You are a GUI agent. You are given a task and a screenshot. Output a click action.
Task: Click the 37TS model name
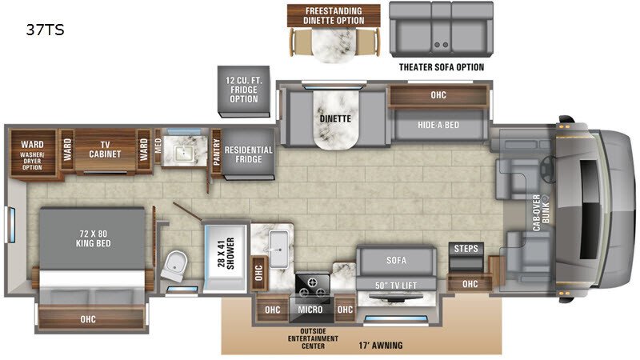(x=45, y=30)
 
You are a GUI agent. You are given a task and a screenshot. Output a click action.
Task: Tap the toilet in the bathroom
(x=174, y=266)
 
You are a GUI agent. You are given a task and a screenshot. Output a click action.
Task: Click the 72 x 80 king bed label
(x=94, y=238)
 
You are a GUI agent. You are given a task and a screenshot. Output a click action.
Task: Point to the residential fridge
(x=248, y=154)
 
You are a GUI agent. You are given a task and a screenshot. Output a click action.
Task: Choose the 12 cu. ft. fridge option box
(x=244, y=91)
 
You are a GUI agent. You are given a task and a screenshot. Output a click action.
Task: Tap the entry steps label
(x=466, y=249)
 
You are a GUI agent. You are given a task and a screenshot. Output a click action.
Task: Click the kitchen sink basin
(x=278, y=249)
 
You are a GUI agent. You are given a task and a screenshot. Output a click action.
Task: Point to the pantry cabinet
(x=216, y=152)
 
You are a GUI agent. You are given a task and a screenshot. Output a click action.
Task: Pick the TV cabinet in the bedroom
(x=105, y=150)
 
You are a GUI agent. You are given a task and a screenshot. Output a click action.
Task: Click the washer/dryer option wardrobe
(x=33, y=153)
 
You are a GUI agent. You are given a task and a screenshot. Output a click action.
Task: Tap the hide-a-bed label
(x=438, y=125)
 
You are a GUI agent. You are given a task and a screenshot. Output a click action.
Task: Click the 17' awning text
(x=381, y=346)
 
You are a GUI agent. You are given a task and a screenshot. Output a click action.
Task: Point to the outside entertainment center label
(x=313, y=338)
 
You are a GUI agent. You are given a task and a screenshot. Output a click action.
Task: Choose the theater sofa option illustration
(x=442, y=30)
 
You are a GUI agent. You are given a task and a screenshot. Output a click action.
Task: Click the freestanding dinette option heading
(x=334, y=16)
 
